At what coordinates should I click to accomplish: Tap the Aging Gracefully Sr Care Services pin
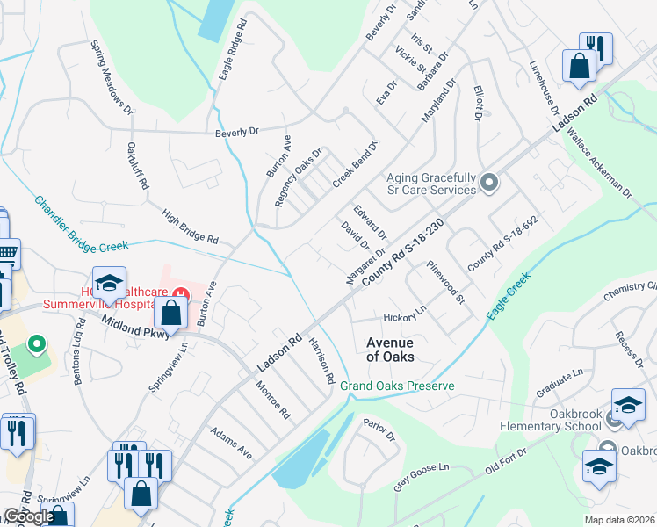click(490, 184)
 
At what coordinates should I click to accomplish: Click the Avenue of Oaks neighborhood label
click(390, 350)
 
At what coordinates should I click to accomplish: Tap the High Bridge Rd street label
click(190, 227)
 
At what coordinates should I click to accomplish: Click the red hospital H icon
click(180, 292)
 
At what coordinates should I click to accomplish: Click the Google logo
click(29, 516)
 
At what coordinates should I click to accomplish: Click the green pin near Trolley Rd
click(37, 343)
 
